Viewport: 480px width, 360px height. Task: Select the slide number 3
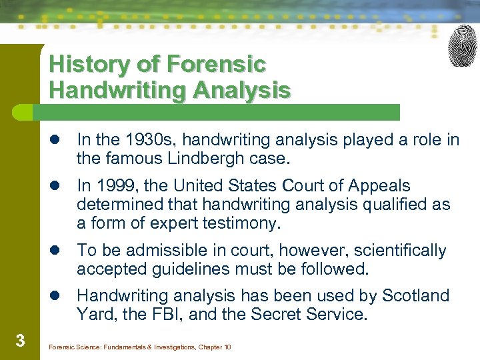pyautogui.click(x=20, y=341)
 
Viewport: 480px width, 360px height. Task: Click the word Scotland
pyautogui.click(x=417, y=295)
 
